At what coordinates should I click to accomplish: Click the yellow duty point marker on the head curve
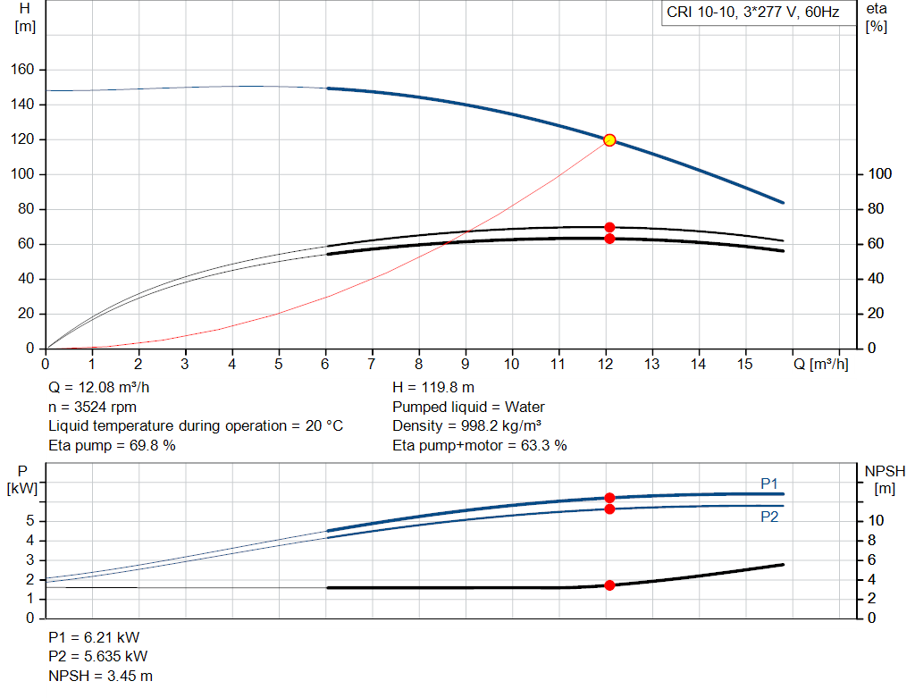point(609,140)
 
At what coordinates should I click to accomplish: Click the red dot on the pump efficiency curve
point(609,228)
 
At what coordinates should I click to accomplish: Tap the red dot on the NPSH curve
point(609,585)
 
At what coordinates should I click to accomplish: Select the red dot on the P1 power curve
point(609,498)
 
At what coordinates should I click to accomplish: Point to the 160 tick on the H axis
point(22,70)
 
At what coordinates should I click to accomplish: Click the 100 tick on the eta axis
point(880,174)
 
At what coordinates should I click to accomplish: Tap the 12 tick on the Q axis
point(605,364)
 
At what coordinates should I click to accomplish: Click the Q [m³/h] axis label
point(820,364)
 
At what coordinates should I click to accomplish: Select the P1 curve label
point(769,484)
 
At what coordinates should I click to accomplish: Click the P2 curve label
point(769,517)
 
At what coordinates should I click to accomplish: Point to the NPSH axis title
point(885,480)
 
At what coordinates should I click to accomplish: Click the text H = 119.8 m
point(433,388)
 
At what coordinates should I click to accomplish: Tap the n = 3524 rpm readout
point(92,407)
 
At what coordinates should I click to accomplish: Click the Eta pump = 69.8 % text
point(112,446)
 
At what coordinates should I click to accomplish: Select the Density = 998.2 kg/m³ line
point(466,426)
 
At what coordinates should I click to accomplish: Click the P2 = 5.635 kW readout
point(98,657)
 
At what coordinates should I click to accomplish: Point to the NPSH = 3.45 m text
point(100,677)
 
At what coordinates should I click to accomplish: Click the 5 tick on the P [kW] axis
point(30,521)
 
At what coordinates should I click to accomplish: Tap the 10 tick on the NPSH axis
point(876,521)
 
